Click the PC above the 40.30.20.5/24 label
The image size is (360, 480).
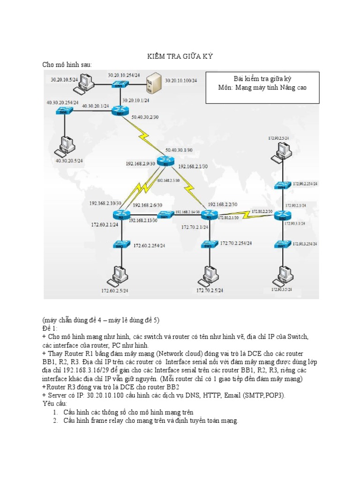[61, 146]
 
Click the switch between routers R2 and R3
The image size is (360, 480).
[164, 216]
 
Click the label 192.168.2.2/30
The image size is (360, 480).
[222, 204]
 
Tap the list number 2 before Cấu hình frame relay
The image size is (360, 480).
[55, 421]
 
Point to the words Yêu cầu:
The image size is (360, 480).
[55, 403]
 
